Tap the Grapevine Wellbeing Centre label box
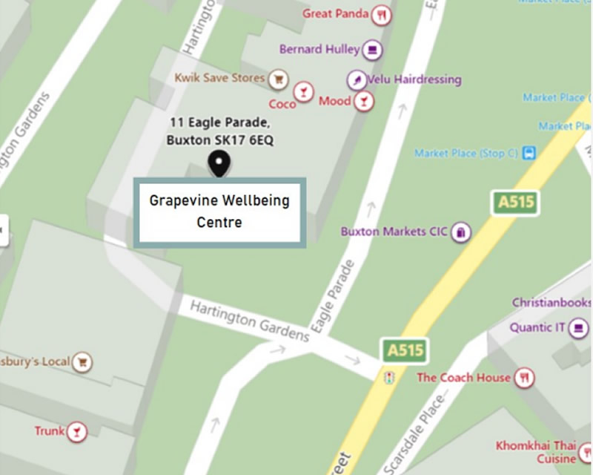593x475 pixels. point(219,211)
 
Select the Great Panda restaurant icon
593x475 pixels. point(381,14)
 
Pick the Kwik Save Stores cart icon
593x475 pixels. point(278,78)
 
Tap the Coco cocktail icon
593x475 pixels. point(302,92)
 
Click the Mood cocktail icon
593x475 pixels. point(363,101)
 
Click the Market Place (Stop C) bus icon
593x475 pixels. point(529,154)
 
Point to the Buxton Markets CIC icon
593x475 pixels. point(461,232)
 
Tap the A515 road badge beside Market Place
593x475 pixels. point(516,202)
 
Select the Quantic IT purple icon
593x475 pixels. point(578,328)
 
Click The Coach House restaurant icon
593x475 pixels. point(525,377)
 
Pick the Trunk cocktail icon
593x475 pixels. point(76,431)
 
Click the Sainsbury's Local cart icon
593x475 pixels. point(82,362)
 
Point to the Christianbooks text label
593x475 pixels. point(551,303)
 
